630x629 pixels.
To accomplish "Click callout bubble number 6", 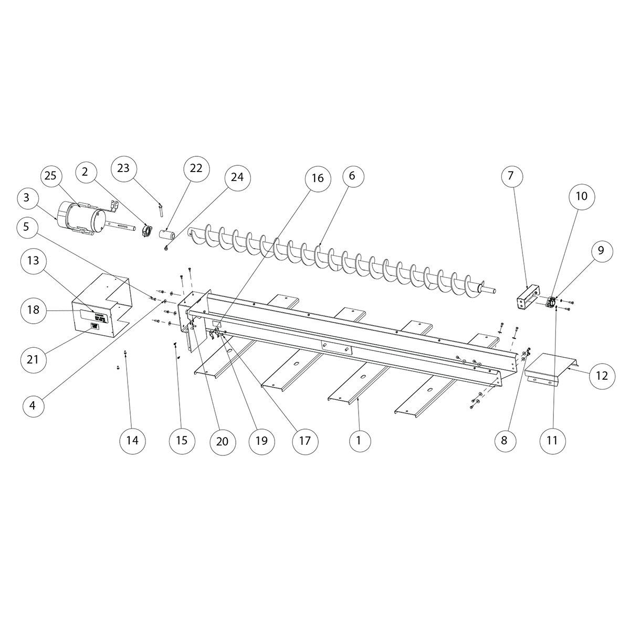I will tap(352, 176).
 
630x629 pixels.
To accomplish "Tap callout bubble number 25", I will tap(50, 176).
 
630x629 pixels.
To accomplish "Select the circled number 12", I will tap(602, 376).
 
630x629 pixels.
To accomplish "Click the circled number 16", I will tap(317, 179).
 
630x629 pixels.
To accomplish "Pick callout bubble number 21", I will tap(33, 359).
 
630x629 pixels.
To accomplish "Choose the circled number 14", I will tap(133, 441).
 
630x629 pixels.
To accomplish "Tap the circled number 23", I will tap(123, 168).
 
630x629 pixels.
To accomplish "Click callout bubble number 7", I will tap(511, 177).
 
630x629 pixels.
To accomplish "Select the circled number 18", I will tap(33, 310).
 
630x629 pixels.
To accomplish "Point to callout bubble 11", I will tap(552, 441).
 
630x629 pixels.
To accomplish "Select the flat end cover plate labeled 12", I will tap(549, 367).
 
